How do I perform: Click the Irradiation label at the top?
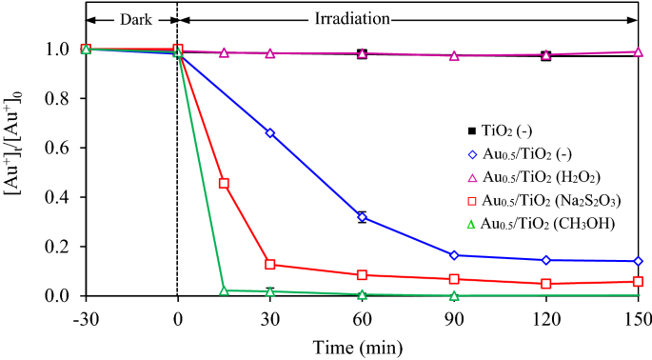click(406, 17)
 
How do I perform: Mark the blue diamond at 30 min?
click(270, 133)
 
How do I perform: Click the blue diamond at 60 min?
click(362, 217)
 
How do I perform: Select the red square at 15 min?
click(224, 183)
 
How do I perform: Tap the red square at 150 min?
click(638, 281)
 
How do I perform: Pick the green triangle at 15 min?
click(224, 290)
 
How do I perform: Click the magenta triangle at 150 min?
click(638, 52)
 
